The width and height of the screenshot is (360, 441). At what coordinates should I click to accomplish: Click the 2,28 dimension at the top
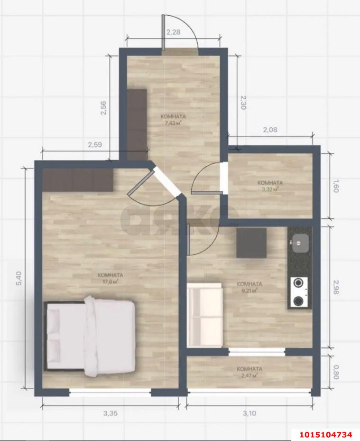pyautogui.click(x=174, y=32)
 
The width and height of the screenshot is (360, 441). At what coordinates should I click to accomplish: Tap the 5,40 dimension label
pyautogui.click(x=18, y=279)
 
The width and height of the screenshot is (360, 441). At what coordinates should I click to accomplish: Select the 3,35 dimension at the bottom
pyautogui.click(x=111, y=413)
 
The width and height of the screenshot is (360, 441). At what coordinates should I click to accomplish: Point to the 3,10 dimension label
pyautogui.click(x=249, y=413)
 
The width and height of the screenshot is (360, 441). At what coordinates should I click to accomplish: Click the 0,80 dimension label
pyautogui.click(x=336, y=372)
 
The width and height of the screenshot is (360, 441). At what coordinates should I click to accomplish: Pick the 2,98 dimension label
pyautogui.click(x=336, y=287)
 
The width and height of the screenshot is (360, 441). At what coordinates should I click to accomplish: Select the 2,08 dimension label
pyautogui.click(x=270, y=130)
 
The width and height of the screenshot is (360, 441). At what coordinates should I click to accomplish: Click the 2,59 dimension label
pyautogui.click(x=95, y=145)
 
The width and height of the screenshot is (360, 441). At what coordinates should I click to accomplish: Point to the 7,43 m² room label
pyautogui.click(x=173, y=119)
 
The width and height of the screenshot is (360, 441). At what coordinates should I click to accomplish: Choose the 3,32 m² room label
pyautogui.click(x=270, y=186)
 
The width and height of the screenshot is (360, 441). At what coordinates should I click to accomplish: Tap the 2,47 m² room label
pyautogui.click(x=249, y=372)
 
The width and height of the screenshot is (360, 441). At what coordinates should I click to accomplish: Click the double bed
pyautogui.click(x=90, y=336)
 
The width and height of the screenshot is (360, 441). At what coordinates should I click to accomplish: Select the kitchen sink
pyautogui.click(x=300, y=243)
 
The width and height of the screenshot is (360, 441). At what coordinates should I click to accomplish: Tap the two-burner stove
pyautogui.click(x=299, y=292)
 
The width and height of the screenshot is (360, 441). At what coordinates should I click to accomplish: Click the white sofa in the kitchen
pyautogui.click(x=204, y=315)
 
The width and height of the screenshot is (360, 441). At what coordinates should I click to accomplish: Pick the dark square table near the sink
pyautogui.click(x=251, y=243)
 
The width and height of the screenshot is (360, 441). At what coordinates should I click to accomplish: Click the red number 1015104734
pyautogui.click(x=326, y=434)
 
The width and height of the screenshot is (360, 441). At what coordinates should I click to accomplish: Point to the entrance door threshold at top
pyautogui.click(x=180, y=52)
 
